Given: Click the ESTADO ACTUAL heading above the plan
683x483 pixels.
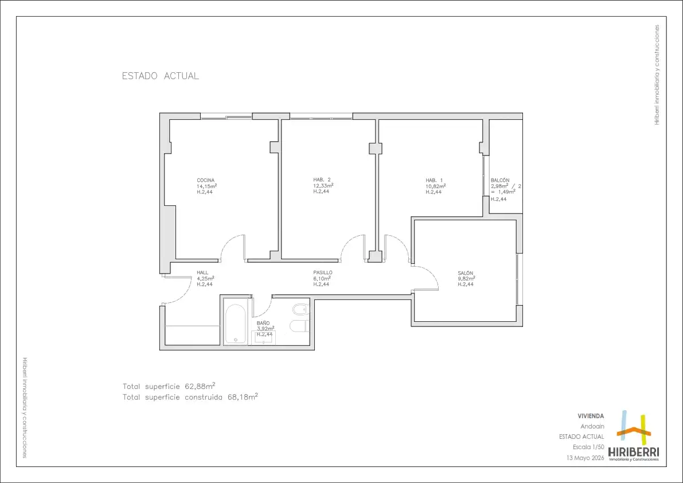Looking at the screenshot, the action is (161, 76).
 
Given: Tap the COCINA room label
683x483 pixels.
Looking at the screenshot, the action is (206, 180).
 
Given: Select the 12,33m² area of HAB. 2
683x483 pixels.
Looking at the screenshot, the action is (323, 185).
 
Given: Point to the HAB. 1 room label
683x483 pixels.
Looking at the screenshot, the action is (434, 180).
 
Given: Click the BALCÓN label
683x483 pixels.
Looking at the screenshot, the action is (500, 180).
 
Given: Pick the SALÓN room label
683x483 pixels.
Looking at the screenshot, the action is (465, 273).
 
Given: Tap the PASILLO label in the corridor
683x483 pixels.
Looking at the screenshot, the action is (323, 272).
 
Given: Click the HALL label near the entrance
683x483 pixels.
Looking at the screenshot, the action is (202, 272).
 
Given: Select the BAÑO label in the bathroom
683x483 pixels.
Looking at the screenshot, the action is (263, 323).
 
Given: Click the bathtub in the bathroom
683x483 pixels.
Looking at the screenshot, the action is (236, 324).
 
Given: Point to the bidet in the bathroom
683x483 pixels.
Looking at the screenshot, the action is (300, 310).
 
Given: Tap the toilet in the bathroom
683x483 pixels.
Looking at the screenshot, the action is (299, 325).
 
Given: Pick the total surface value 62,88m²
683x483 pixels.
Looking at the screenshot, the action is (200, 386).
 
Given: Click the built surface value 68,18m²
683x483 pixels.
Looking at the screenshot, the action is (243, 397).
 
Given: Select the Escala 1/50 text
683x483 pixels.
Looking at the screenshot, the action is (588, 447).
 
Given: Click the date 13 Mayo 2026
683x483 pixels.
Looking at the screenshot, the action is (585, 458).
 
